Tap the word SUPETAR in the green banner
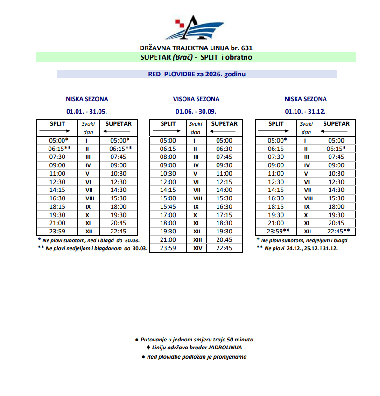pyautogui.click(x=155, y=57)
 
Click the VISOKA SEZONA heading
pyautogui.click(x=196, y=99)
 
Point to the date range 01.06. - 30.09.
pyautogui.click(x=196, y=111)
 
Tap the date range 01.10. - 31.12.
pyautogui.click(x=305, y=111)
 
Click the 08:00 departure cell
pyautogui.click(x=168, y=157)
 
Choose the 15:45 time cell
pyautogui.click(x=168, y=206)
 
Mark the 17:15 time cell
pyautogui.click(x=224, y=215)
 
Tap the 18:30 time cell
pyautogui.click(x=224, y=223)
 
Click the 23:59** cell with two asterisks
pyautogui.click(x=278, y=232)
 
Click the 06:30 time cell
pyautogui.click(x=224, y=148)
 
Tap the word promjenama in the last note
pyautogui.click(x=230, y=357)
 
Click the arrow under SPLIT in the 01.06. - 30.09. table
pyautogui.click(x=168, y=132)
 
